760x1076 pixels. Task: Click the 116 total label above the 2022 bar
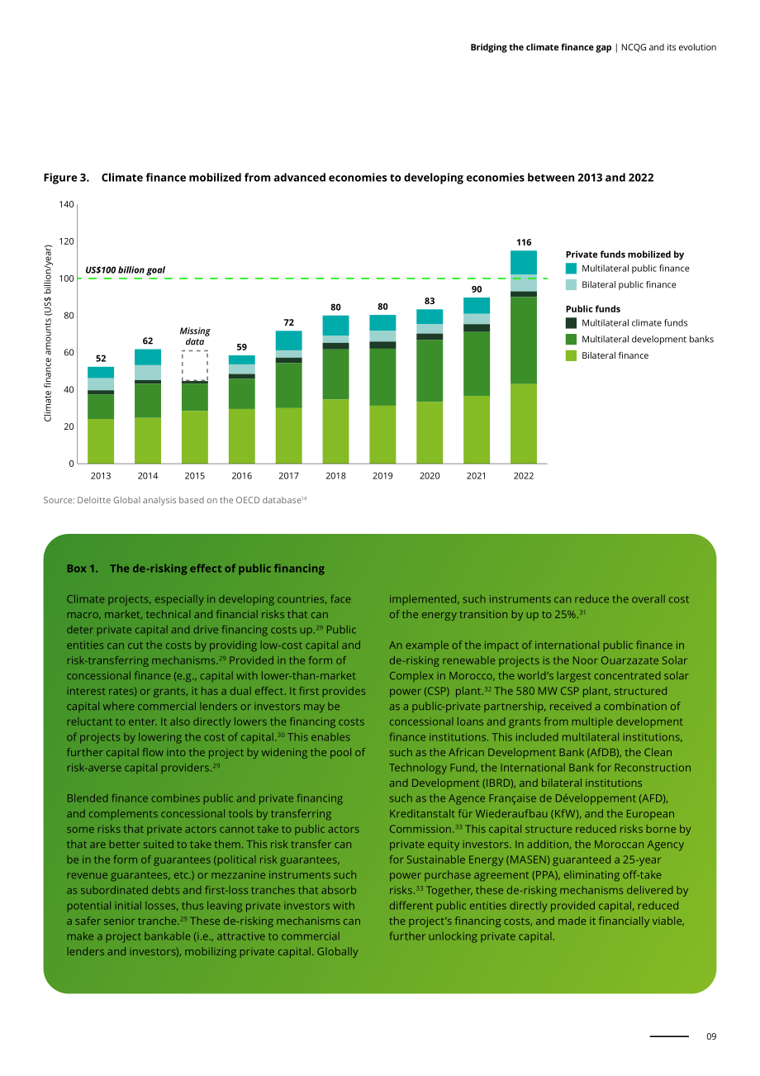point(523,243)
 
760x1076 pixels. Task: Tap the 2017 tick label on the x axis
point(288,475)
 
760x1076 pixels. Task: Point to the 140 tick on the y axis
point(66,204)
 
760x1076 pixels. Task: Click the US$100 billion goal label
point(125,270)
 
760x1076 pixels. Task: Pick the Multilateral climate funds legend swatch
point(571,323)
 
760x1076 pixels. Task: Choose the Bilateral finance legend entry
point(607,355)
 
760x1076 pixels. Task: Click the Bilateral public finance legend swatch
point(571,284)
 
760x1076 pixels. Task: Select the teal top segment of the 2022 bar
point(523,262)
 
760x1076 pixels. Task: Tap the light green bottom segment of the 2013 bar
point(101,441)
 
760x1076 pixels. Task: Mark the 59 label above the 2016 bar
point(241,347)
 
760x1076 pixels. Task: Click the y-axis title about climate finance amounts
point(48,333)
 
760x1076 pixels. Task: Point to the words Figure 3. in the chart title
point(66,178)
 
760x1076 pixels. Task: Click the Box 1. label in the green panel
point(82,569)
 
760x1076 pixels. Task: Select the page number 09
point(711,1036)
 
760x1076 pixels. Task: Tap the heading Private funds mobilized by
point(625,255)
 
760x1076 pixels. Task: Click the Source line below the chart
point(175,500)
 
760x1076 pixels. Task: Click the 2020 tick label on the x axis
point(430,475)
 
